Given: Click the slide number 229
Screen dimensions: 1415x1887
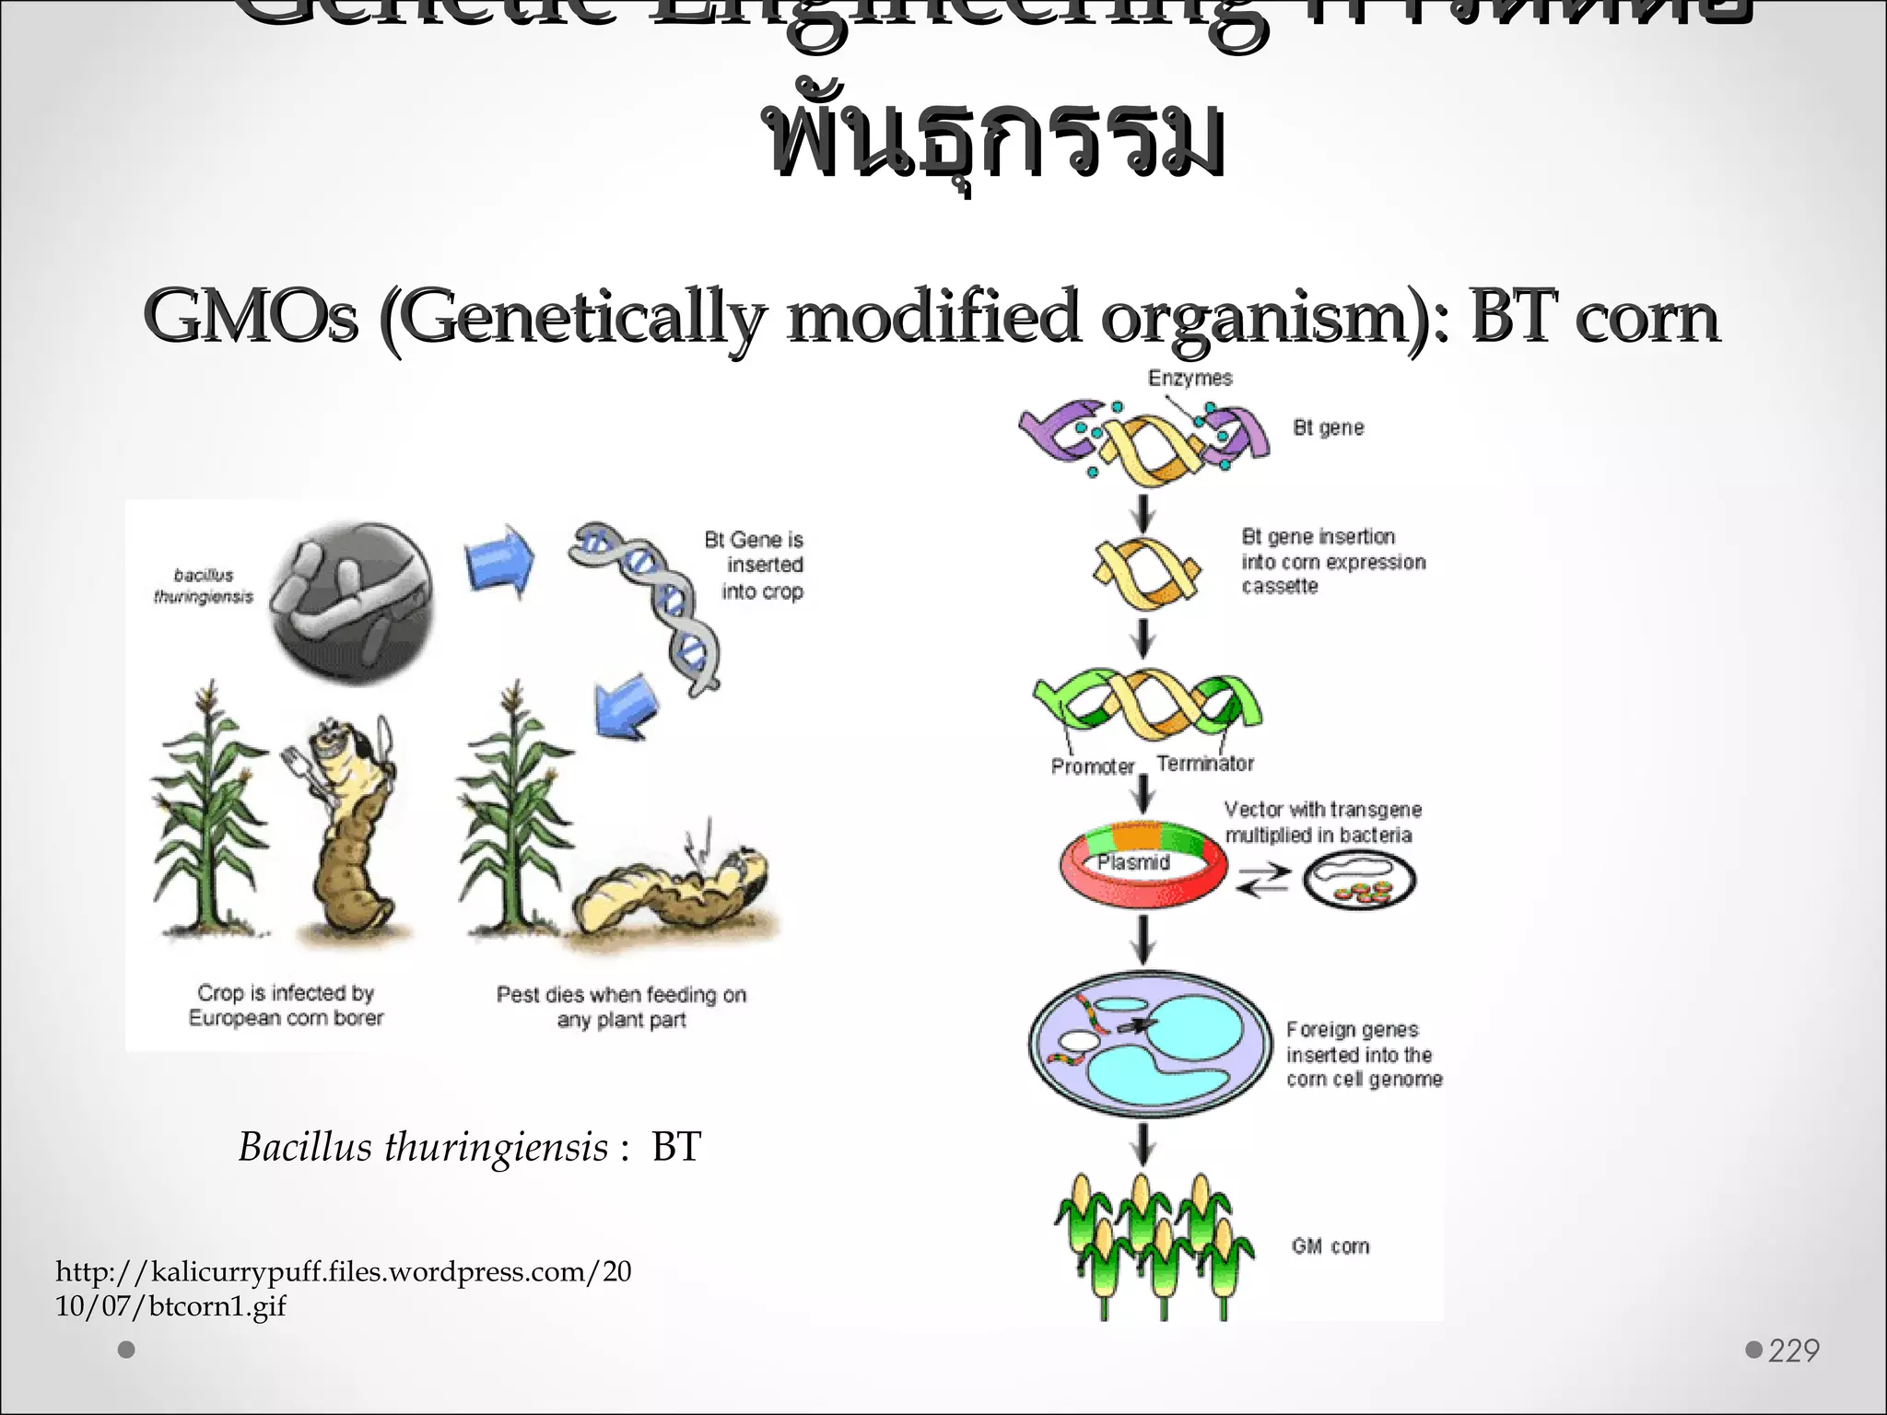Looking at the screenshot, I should pyautogui.click(x=1793, y=1351).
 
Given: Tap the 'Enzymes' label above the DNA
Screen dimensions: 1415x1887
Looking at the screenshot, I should pyautogui.click(x=1190, y=378).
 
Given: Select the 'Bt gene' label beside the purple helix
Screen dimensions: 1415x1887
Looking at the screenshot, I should pyautogui.click(x=1328, y=427).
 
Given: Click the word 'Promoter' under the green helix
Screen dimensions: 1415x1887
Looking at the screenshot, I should pyautogui.click(x=1093, y=766).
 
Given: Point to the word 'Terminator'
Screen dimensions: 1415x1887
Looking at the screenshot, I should pyautogui.click(x=1205, y=764).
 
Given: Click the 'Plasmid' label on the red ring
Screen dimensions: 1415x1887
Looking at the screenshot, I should pyautogui.click(x=1133, y=862).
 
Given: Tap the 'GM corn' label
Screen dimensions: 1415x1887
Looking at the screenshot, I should pyautogui.click(x=1330, y=1246).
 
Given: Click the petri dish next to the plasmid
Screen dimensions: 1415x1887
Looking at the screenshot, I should pyautogui.click(x=1359, y=880).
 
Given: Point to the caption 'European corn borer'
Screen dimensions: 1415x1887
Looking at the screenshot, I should pyautogui.click(x=286, y=1018).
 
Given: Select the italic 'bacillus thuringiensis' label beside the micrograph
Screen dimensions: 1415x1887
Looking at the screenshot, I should pyautogui.click(x=204, y=586).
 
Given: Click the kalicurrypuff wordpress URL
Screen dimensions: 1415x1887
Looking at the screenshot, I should pyautogui.click(x=343, y=1288).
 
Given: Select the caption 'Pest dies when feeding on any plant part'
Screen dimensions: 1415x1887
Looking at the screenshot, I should pyautogui.click(x=621, y=1007).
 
